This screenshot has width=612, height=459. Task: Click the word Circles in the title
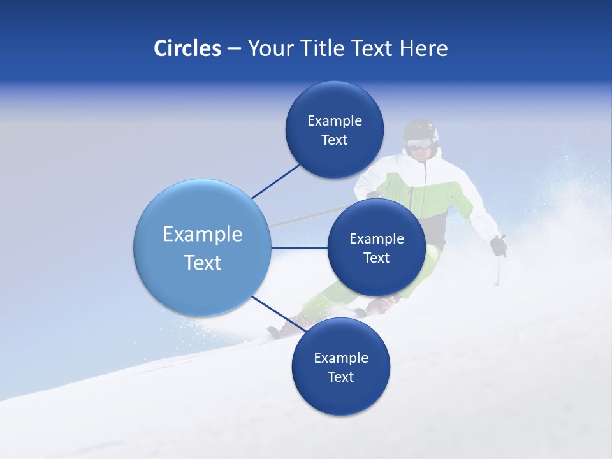(x=187, y=48)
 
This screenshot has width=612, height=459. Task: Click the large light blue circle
(x=202, y=247)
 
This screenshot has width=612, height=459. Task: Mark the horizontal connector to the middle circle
(x=300, y=247)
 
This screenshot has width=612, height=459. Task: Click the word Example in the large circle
(x=202, y=235)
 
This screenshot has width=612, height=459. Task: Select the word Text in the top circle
(x=334, y=140)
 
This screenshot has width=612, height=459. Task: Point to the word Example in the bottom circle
(x=340, y=358)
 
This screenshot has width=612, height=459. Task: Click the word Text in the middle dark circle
(x=376, y=258)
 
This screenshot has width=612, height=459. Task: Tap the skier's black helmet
(x=421, y=129)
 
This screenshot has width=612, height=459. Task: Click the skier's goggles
(x=418, y=144)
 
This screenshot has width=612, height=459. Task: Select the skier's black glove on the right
(x=498, y=245)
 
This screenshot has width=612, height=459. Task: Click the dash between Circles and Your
(x=233, y=49)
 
